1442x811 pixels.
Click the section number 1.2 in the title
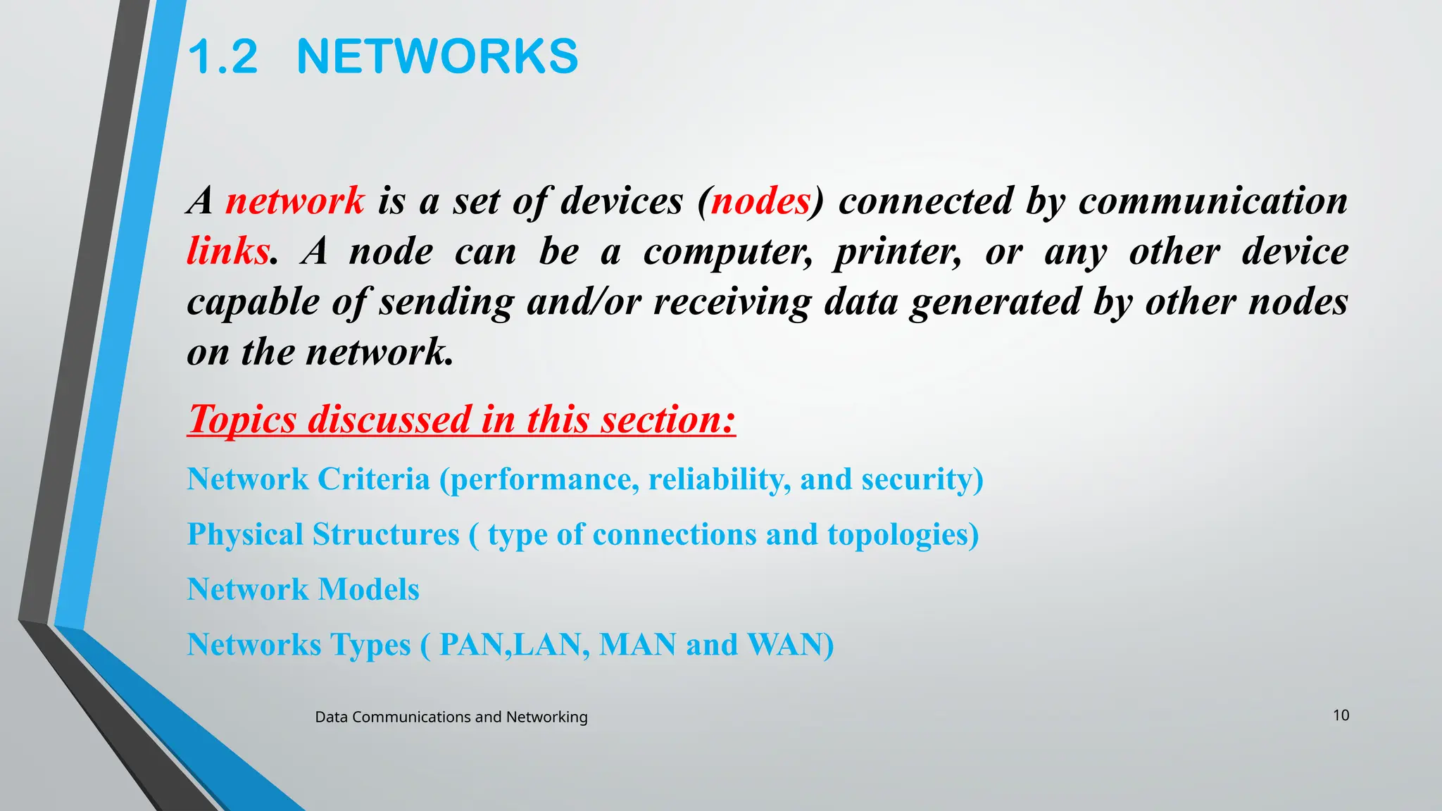223,56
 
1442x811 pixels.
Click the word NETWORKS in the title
437,56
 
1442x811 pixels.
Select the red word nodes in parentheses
760,201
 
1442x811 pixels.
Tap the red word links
228,251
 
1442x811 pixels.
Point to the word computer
727,252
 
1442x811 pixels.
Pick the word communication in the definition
1212,201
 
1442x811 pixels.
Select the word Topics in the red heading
242,420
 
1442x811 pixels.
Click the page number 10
1341,715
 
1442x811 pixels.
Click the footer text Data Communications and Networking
451,717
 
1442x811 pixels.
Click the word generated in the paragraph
995,303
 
